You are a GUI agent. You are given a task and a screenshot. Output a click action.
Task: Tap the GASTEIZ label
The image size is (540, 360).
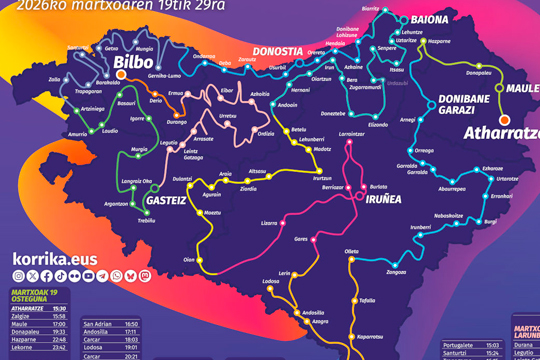[167, 200]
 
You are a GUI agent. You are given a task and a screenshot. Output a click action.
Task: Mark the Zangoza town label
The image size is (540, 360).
[396, 271]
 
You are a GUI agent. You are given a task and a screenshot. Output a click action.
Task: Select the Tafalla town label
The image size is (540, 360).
[367, 299]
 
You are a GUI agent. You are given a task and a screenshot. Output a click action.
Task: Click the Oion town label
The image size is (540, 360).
[189, 258]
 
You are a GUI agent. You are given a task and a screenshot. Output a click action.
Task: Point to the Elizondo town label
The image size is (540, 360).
[378, 125]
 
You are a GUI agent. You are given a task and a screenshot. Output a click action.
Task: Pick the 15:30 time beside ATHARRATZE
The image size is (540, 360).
[59, 309]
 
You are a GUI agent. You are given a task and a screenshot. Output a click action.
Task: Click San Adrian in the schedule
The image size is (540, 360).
[97, 324]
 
